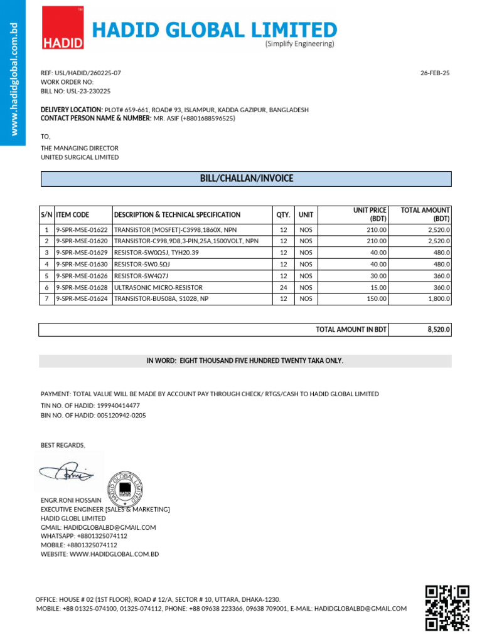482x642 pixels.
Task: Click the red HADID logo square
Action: [63, 28]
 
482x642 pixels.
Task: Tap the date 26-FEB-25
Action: [435, 73]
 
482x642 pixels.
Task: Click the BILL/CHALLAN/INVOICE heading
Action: [246, 179]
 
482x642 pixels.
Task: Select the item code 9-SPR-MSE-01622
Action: [82, 230]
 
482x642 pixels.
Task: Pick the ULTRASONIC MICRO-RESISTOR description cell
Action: [158, 287]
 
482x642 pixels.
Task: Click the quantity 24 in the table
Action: [283, 287]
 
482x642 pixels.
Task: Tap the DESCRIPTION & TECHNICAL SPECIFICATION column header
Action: [177, 214]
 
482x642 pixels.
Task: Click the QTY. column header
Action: [283, 214]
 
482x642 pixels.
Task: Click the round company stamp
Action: [126, 487]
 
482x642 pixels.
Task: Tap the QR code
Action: [447, 607]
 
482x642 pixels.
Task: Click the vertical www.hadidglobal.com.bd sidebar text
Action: [13, 78]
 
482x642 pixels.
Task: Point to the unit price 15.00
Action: [378, 287]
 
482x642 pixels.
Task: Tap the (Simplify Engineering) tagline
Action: [299, 44]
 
